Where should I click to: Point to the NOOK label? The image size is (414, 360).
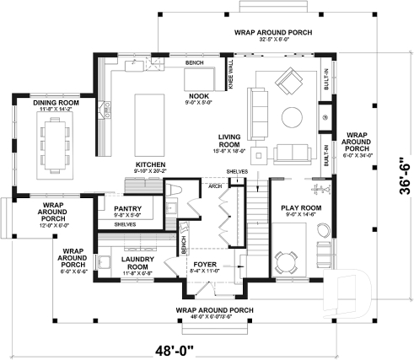(199, 96)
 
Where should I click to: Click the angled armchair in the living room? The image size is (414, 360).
(292, 81)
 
